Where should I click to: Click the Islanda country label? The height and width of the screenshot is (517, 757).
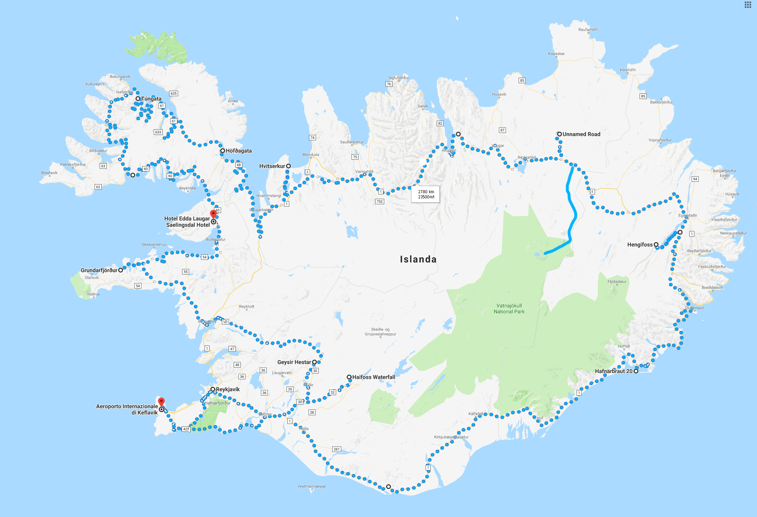418,259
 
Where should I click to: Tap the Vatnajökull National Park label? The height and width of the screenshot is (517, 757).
509,309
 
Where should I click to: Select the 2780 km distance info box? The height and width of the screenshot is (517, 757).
426,194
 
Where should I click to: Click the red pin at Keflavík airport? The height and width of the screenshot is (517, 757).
161,402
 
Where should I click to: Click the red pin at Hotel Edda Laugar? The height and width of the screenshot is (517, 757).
213,214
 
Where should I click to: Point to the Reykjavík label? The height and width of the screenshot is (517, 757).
228,389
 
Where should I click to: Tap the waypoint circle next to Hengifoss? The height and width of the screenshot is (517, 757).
656,245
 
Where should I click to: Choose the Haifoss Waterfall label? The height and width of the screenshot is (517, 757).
374,377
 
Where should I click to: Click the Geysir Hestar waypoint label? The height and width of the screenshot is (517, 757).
294,362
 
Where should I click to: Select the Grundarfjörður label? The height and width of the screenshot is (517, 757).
99,270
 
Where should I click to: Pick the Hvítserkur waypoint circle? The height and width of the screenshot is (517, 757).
288,166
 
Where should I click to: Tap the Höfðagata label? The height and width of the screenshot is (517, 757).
239,151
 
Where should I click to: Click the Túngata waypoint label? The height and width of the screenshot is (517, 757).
151,99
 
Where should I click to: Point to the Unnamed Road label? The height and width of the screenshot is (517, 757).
582,134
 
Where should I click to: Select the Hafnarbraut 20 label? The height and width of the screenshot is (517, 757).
614,371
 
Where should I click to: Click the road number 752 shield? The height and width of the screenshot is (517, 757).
379,202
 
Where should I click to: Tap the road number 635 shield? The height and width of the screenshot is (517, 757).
173,93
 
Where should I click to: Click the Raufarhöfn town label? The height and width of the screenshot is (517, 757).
588,30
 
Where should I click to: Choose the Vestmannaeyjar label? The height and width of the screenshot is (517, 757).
312,486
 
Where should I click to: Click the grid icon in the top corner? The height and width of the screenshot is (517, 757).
748,5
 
